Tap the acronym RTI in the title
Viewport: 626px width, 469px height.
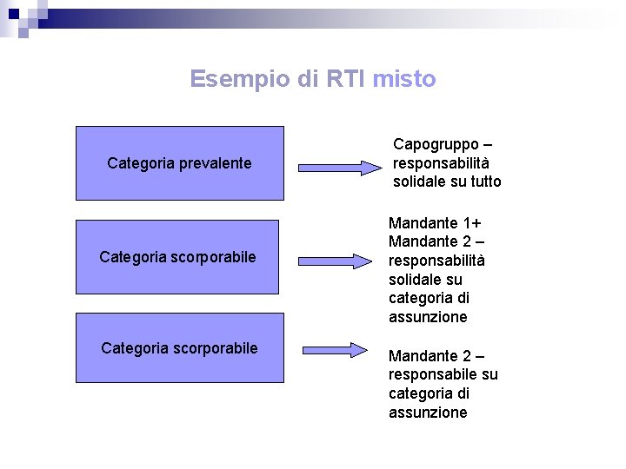[x=346, y=79]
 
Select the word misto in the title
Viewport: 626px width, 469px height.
[x=403, y=79]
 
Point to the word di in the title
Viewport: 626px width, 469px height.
[x=308, y=79]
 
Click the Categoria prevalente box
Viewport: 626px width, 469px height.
[x=179, y=163]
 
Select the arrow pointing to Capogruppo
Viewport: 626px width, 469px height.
[x=340, y=168]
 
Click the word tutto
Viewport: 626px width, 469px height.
[x=484, y=182]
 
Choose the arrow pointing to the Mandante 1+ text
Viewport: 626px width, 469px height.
[x=336, y=260]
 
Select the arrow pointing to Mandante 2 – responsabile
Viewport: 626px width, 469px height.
[x=336, y=350]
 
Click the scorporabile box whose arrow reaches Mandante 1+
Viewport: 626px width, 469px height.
[x=177, y=257]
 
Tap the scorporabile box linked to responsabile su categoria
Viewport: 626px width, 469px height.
[x=179, y=348]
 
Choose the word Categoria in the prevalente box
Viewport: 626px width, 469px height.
[x=138, y=163]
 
